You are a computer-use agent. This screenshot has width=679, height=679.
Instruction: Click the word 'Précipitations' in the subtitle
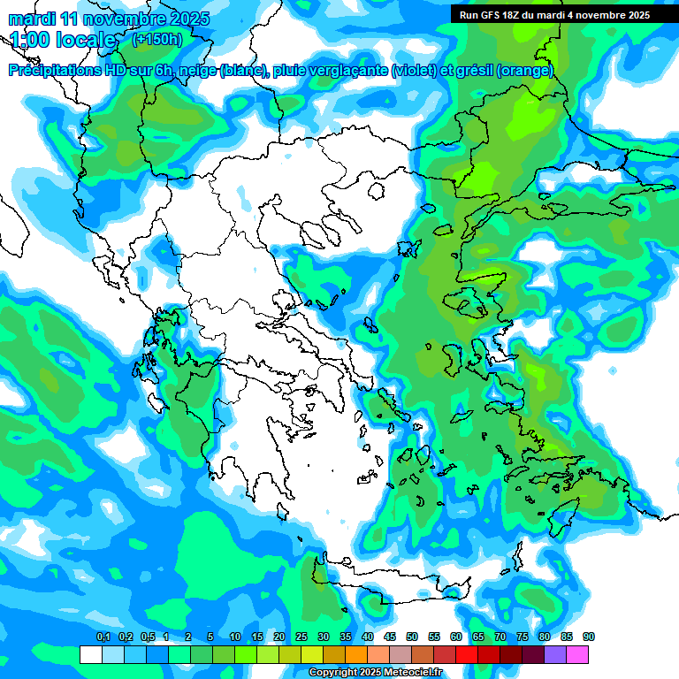[x=56, y=71]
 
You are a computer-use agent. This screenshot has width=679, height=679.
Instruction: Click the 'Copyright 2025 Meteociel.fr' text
[x=375, y=673]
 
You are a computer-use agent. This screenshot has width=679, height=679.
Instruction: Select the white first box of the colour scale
[x=90, y=654]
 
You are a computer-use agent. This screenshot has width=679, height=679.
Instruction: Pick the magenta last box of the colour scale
[x=577, y=654]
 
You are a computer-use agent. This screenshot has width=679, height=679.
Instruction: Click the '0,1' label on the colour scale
[x=103, y=637]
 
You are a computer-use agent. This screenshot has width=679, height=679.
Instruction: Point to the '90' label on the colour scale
[x=589, y=637]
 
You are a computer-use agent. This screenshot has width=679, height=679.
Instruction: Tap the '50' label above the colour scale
[x=412, y=637]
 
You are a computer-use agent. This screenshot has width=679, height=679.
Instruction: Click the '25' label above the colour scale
[x=301, y=637]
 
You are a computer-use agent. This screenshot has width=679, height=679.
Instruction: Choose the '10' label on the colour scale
[x=235, y=637]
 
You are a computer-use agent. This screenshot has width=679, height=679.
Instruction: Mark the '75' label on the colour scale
[x=523, y=637]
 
